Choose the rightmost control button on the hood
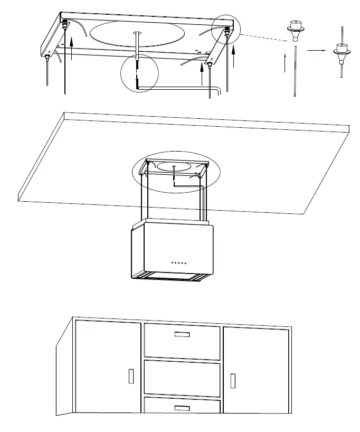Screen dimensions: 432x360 (185, 262)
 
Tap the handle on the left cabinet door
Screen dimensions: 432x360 (130, 377)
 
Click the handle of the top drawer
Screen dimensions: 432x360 (182, 334)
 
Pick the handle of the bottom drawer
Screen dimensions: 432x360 (182, 407)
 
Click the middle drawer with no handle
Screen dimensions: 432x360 (182, 377)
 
